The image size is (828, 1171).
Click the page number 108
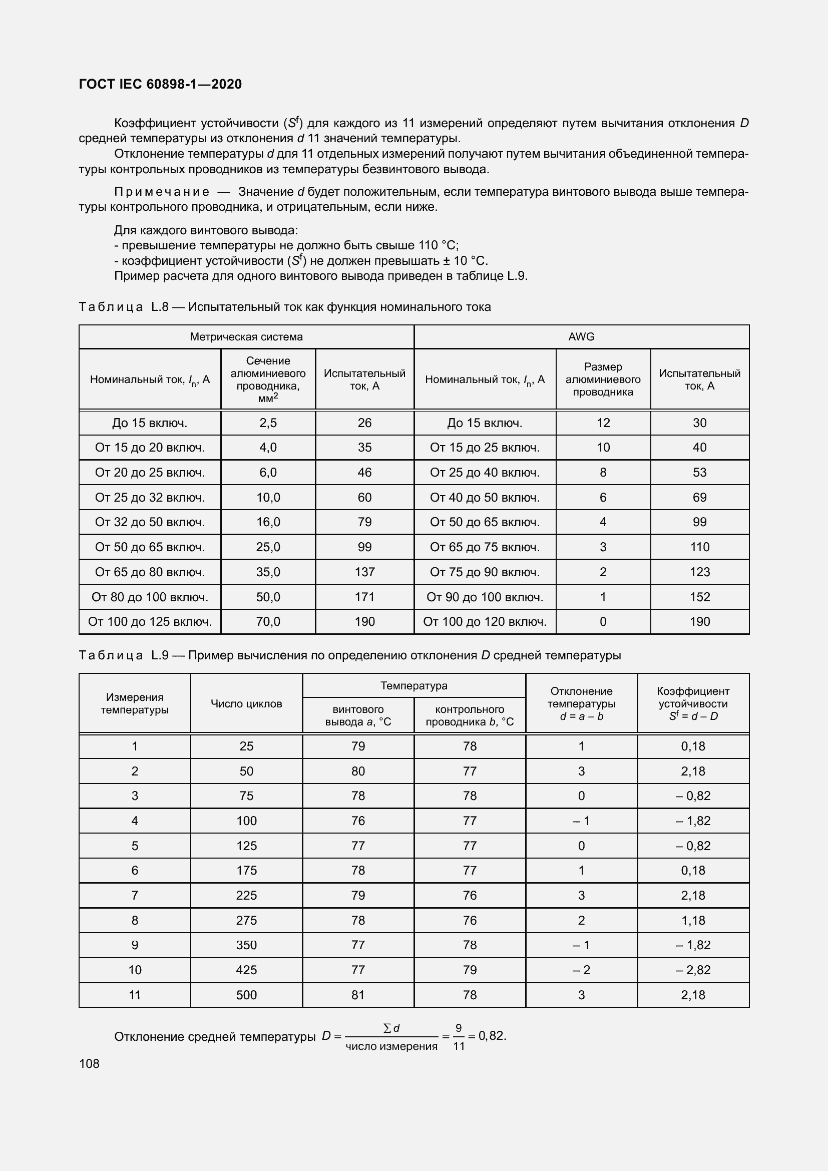[x=89, y=1063]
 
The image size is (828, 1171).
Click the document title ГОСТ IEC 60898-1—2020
[x=160, y=84]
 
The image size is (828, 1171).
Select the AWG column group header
[x=581, y=336]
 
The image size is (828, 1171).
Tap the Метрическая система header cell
[x=246, y=336]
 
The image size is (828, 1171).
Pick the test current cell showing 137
[x=364, y=572]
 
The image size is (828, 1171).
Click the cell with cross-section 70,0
[x=268, y=621]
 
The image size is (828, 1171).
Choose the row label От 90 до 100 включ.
[x=485, y=597]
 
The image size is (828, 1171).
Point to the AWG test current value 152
[x=699, y=597]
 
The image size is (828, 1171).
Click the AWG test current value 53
[x=699, y=472]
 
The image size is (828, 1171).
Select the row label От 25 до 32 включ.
[x=150, y=497]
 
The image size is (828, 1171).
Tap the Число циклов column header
[x=246, y=703]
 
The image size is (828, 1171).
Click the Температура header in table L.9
[x=413, y=685]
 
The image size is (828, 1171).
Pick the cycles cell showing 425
[x=246, y=970]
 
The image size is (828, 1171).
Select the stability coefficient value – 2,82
[x=693, y=970]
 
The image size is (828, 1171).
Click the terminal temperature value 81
[x=358, y=995]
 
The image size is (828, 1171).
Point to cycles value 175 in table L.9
[x=246, y=870]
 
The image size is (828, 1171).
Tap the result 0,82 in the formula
[x=491, y=1035]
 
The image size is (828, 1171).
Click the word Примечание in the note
[x=162, y=192]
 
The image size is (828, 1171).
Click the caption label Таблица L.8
[x=123, y=307]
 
